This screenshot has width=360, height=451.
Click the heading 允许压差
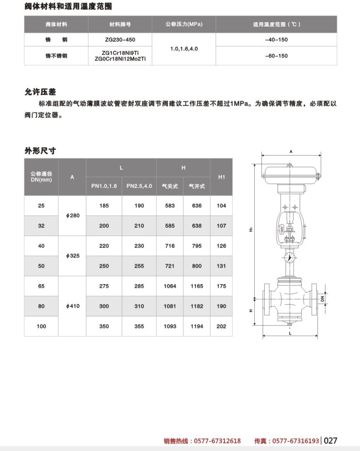(41, 91)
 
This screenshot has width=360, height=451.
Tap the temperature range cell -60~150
(276, 56)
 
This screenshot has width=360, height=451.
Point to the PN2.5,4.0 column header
(139, 186)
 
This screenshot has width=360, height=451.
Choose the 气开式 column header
(197, 186)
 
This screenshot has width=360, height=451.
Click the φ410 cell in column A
(73, 306)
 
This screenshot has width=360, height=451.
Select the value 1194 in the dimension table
(197, 326)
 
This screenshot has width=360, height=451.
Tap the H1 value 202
(222, 326)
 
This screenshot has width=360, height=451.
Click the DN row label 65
(41, 286)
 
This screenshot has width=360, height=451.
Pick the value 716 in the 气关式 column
(169, 245)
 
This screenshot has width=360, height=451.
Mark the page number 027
(331, 441)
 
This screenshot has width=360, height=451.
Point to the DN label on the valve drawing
(321, 298)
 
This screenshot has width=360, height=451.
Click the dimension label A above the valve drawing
(290, 151)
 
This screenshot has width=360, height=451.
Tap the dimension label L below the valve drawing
(290, 335)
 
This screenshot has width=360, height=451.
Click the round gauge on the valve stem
(289, 257)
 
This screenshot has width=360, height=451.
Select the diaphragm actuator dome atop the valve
(290, 173)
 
